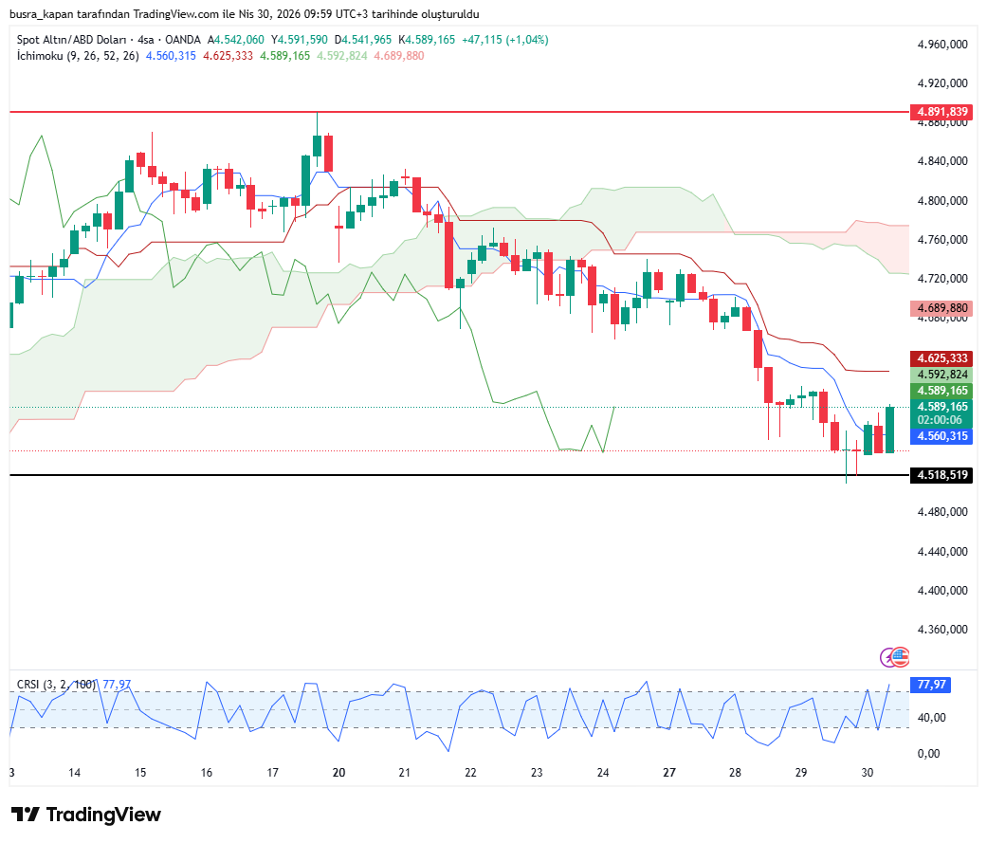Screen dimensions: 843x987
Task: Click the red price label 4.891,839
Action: pos(941,112)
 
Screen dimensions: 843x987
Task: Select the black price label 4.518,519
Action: pos(941,475)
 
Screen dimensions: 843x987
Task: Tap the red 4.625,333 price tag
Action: pos(941,358)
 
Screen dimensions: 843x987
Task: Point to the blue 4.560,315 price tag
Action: pos(941,436)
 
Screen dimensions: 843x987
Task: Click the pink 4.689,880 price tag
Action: pos(941,308)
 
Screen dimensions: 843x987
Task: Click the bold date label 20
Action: pos(338,773)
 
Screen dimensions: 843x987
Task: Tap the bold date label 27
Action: pos(669,773)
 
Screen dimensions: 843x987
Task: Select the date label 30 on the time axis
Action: pos(867,773)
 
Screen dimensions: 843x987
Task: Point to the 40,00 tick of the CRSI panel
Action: pos(932,718)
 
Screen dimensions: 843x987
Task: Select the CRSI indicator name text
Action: pos(29,685)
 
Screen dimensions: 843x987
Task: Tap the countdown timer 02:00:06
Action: pos(941,420)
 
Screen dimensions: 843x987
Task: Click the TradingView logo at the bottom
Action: pos(86,815)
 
